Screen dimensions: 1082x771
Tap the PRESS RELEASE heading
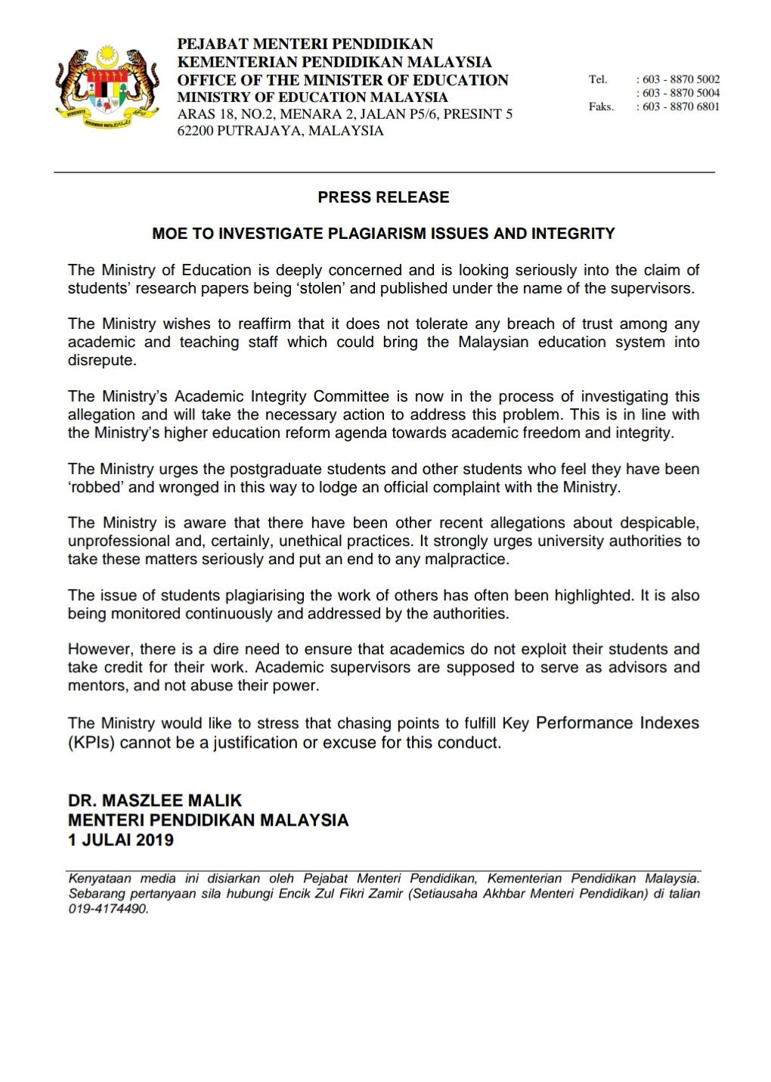[x=383, y=197]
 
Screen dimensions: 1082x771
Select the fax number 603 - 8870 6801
[x=681, y=107]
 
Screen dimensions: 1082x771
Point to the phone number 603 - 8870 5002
[x=681, y=79]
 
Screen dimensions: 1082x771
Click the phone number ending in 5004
[x=681, y=93]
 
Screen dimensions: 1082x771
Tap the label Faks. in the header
[x=601, y=107]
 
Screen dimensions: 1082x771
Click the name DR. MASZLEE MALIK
[x=154, y=800]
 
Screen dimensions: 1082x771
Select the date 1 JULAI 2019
[x=121, y=839]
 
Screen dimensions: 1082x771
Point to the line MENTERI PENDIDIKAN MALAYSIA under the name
[x=208, y=820]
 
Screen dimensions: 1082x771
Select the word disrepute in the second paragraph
[x=102, y=361]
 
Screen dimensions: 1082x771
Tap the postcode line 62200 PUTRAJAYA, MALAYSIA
[x=280, y=131]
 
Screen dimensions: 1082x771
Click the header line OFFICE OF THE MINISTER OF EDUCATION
[x=342, y=80]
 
